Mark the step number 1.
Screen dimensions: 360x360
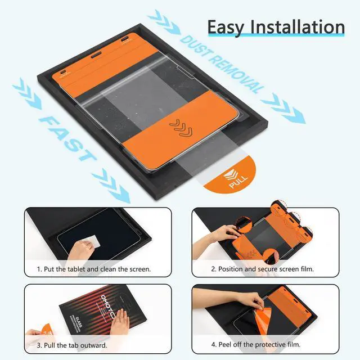tap(39, 269)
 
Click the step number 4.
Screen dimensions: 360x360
tap(214, 345)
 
